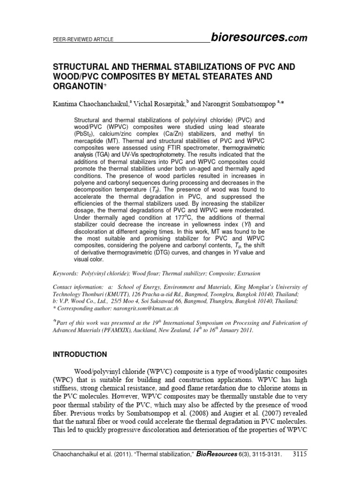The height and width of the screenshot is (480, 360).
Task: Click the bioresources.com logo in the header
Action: pos(259,38)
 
